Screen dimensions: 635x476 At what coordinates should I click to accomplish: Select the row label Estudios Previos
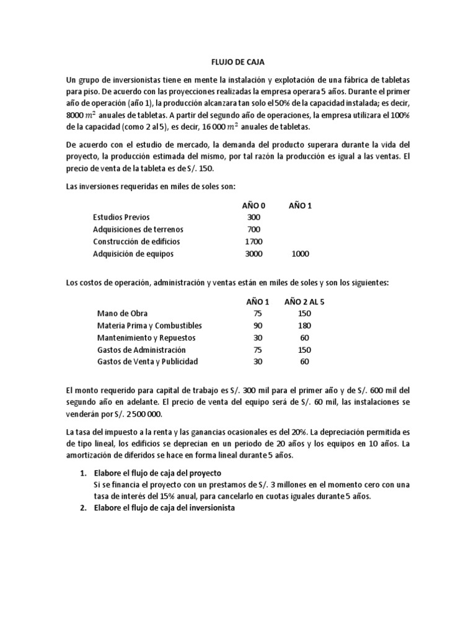[121, 217]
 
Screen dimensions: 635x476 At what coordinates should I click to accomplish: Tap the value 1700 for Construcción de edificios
[253, 241]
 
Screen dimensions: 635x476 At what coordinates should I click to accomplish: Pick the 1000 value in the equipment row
[301, 254]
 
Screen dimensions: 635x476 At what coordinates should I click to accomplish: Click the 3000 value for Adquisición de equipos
[253, 254]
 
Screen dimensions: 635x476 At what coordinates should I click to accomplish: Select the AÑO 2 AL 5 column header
[304, 301]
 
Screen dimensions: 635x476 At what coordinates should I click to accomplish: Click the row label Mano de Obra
[122, 313]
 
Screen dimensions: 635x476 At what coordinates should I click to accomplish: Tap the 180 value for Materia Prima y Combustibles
[304, 326]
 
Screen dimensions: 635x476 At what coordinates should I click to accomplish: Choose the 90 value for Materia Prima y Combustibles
[259, 326]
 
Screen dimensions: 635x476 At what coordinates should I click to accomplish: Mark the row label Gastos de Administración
[141, 350]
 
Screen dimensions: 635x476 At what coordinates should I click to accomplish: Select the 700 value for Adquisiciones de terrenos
[253, 229]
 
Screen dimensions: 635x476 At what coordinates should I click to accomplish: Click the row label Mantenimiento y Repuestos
[146, 337]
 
